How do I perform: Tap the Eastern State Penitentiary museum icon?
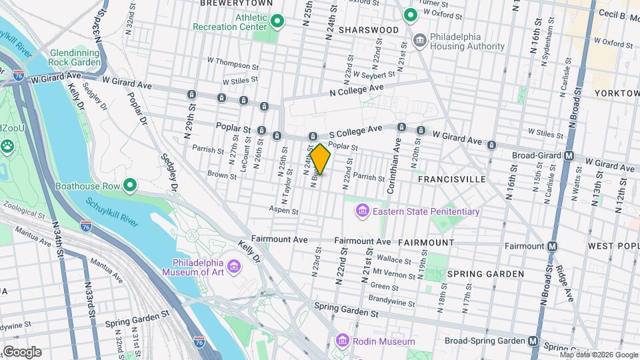point(363,211)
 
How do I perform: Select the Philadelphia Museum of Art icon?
point(234,267)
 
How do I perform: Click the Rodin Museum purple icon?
point(343,341)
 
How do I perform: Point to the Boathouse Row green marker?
point(131,185)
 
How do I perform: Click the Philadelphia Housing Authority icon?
point(419,41)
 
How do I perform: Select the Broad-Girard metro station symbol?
point(569,156)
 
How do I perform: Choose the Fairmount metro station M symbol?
point(552,246)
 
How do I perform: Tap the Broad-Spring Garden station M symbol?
point(533,341)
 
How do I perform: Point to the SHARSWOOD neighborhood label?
point(368,30)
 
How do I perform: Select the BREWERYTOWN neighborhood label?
point(229,3)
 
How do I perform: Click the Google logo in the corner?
point(21,352)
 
